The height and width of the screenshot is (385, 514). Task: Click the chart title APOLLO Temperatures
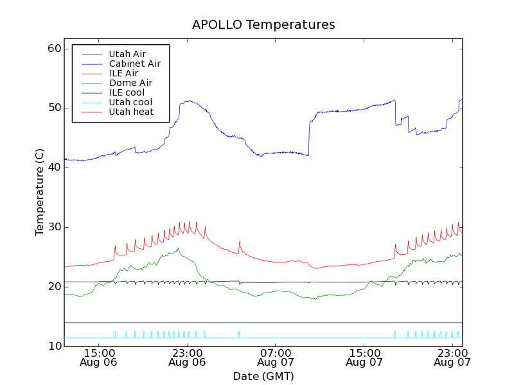pos(263,25)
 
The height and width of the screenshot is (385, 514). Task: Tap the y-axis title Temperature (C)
pos(40,193)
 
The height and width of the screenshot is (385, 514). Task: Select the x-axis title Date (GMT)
pos(263,376)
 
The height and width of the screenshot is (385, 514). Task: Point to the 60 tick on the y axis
pos(54,49)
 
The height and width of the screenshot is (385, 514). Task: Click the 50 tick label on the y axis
pos(54,108)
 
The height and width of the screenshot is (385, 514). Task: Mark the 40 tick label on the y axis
pos(54,167)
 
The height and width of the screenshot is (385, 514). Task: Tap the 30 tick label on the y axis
pos(54,227)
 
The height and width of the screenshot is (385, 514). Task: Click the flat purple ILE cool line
pos(257,322)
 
